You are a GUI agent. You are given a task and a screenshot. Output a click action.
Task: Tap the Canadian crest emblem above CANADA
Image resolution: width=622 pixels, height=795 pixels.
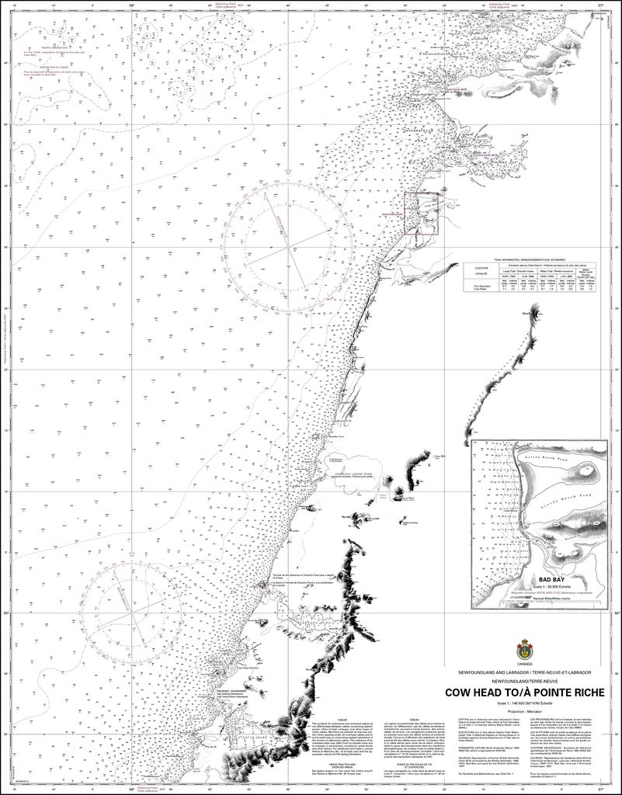(525, 647)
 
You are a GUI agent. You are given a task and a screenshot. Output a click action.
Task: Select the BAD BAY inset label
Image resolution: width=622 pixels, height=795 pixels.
(555, 579)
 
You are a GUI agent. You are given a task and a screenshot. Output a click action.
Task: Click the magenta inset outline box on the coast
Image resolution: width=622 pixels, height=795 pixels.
(420, 213)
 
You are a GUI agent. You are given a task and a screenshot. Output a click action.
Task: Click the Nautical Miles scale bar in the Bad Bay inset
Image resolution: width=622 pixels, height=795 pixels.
(555, 601)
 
